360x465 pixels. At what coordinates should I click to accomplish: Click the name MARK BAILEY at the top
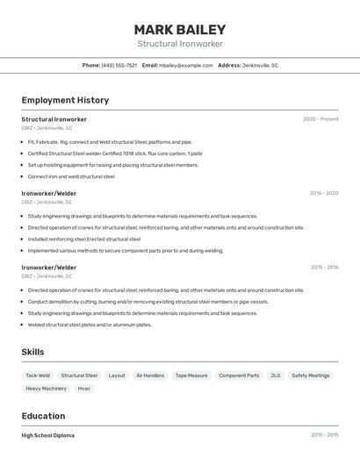180,29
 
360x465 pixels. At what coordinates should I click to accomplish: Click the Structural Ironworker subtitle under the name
180,44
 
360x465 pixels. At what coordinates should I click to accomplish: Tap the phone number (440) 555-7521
119,65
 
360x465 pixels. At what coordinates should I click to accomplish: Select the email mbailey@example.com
186,65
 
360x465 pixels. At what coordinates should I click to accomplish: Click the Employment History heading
65,100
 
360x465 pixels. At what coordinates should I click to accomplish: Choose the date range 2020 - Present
320,119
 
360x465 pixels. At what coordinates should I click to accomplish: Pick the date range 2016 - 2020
323,193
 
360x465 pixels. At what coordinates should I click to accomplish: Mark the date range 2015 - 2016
324,268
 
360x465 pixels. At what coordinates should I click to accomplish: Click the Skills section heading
32,352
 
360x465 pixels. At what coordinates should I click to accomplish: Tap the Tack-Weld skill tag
38,376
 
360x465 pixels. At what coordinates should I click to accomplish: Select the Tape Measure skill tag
191,376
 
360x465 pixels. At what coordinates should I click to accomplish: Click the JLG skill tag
276,376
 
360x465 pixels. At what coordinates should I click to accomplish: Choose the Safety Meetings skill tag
311,376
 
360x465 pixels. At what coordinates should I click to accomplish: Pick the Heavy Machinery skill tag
46,388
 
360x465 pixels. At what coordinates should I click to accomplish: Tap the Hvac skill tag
84,388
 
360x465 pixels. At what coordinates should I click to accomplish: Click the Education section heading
43,416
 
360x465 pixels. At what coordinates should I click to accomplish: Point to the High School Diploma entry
47,435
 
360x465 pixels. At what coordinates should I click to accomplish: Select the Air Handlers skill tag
150,376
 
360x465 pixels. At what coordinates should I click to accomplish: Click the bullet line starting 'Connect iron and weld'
71,176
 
